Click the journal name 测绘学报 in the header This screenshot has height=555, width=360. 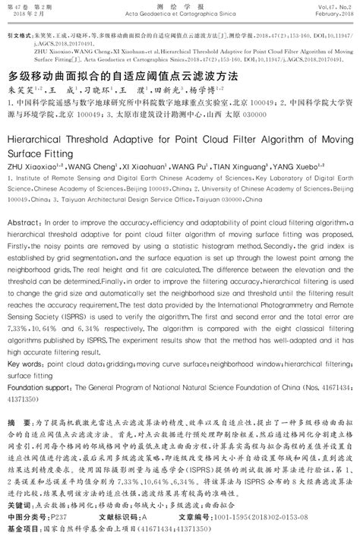pyautogui.click(x=179, y=6)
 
